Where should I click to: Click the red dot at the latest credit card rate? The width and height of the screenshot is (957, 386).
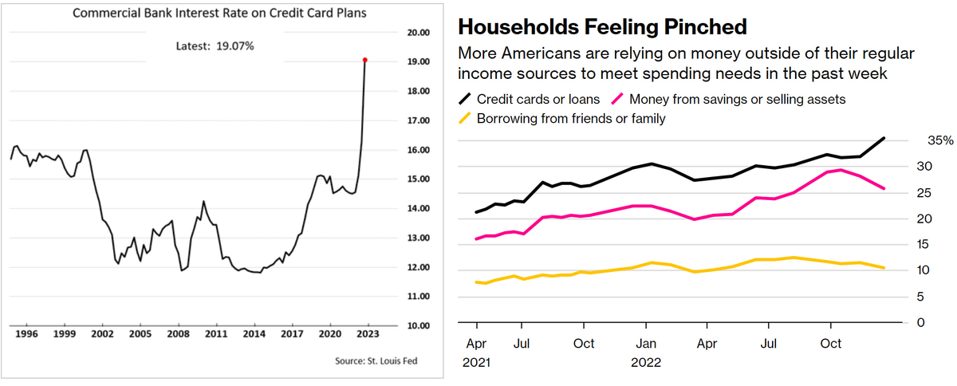(x=364, y=60)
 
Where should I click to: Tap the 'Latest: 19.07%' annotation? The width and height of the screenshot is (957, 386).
(x=215, y=45)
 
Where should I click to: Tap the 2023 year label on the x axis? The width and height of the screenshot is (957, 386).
(x=368, y=334)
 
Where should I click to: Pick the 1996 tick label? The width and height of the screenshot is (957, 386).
(x=26, y=334)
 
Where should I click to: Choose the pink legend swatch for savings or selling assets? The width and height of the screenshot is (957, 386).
(x=616, y=100)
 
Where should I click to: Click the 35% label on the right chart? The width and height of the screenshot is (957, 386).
(x=917, y=140)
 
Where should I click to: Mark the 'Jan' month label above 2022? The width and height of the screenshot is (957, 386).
(x=646, y=344)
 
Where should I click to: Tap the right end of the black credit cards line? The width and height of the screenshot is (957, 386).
(x=884, y=138)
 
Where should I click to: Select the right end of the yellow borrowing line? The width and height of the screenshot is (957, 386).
(x=884, y=268)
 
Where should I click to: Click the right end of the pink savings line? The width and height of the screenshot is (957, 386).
(x=884, y=189)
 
